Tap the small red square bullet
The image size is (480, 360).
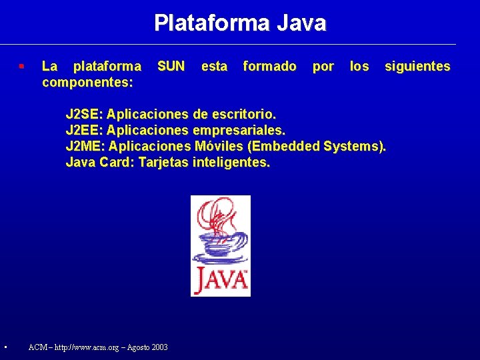(x=22, y=67)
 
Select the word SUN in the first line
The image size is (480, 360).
(x=171, y=66)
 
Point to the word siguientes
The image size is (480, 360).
(x=417, y=66)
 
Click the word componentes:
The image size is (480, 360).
(x=87, y=82)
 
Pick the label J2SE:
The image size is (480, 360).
(x=84, y=114)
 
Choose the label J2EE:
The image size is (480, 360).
(x=84, y=130)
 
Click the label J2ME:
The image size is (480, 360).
(x=85, y=146)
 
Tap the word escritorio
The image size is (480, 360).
(x=247, y=114)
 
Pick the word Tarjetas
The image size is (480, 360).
(x=163, y=162)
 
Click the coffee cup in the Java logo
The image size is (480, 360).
(x=219, y=244)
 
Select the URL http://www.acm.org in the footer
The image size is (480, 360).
(x=90, y=347)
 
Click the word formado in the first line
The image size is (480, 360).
(x=269, y=66)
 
